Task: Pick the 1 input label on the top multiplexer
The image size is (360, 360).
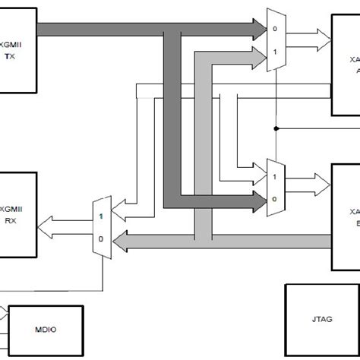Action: click(275, 50)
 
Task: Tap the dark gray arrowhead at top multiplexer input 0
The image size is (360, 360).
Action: click(258, 30)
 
